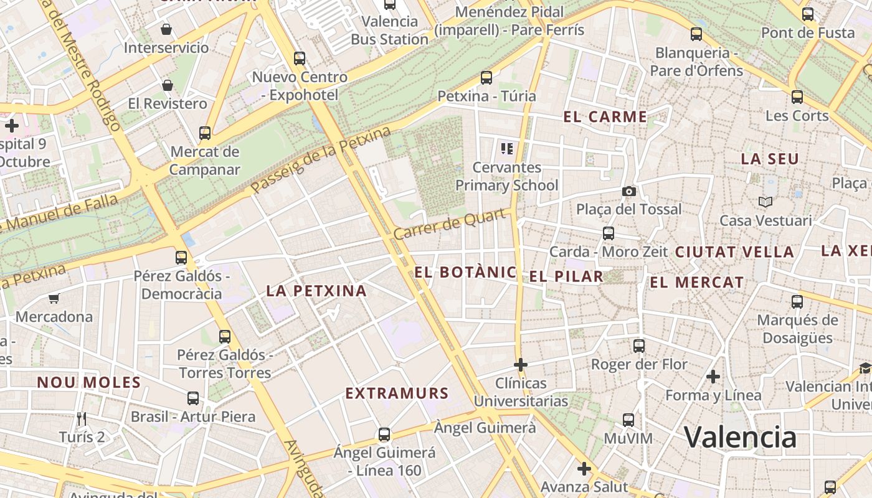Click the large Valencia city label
740,438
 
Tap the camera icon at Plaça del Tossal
629,191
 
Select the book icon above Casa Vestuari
765,202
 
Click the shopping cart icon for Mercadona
54,299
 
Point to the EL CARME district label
605,117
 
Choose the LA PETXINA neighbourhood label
316,291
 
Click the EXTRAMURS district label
397,393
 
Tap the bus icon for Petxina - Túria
486,78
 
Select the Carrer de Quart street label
449,225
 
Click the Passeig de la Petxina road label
321,160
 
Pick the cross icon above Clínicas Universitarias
521,364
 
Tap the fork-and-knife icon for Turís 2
82,418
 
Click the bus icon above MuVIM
628,420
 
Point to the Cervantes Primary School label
507,176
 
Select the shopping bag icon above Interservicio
166,29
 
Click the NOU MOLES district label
89,382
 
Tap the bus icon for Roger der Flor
639,345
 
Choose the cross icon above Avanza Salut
584,468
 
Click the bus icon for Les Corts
797,96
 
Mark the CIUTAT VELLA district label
734,252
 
